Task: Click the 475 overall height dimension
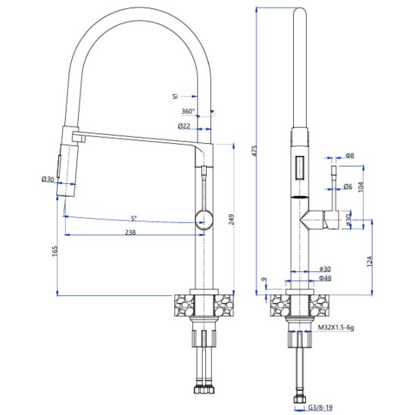(254, 151)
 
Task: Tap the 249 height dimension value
(231, 220)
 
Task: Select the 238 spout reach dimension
(130, 232)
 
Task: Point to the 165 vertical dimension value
(55, 251)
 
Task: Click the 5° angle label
(134, 218)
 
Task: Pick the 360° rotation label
(188, 111)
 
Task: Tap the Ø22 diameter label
(184, 126)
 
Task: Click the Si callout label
(175, 97)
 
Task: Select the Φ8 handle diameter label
(350, 155)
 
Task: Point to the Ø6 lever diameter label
(348, 186)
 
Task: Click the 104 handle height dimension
(360, 187)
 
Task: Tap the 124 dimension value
(370, 261)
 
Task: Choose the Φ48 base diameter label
(326, 278)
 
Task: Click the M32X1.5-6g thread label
(336, 327)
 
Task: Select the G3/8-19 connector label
(320, 407)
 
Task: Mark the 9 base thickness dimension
(263, 279)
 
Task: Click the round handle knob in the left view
(204, 219)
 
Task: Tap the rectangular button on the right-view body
(300, 168)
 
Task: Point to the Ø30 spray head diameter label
(48, 179)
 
